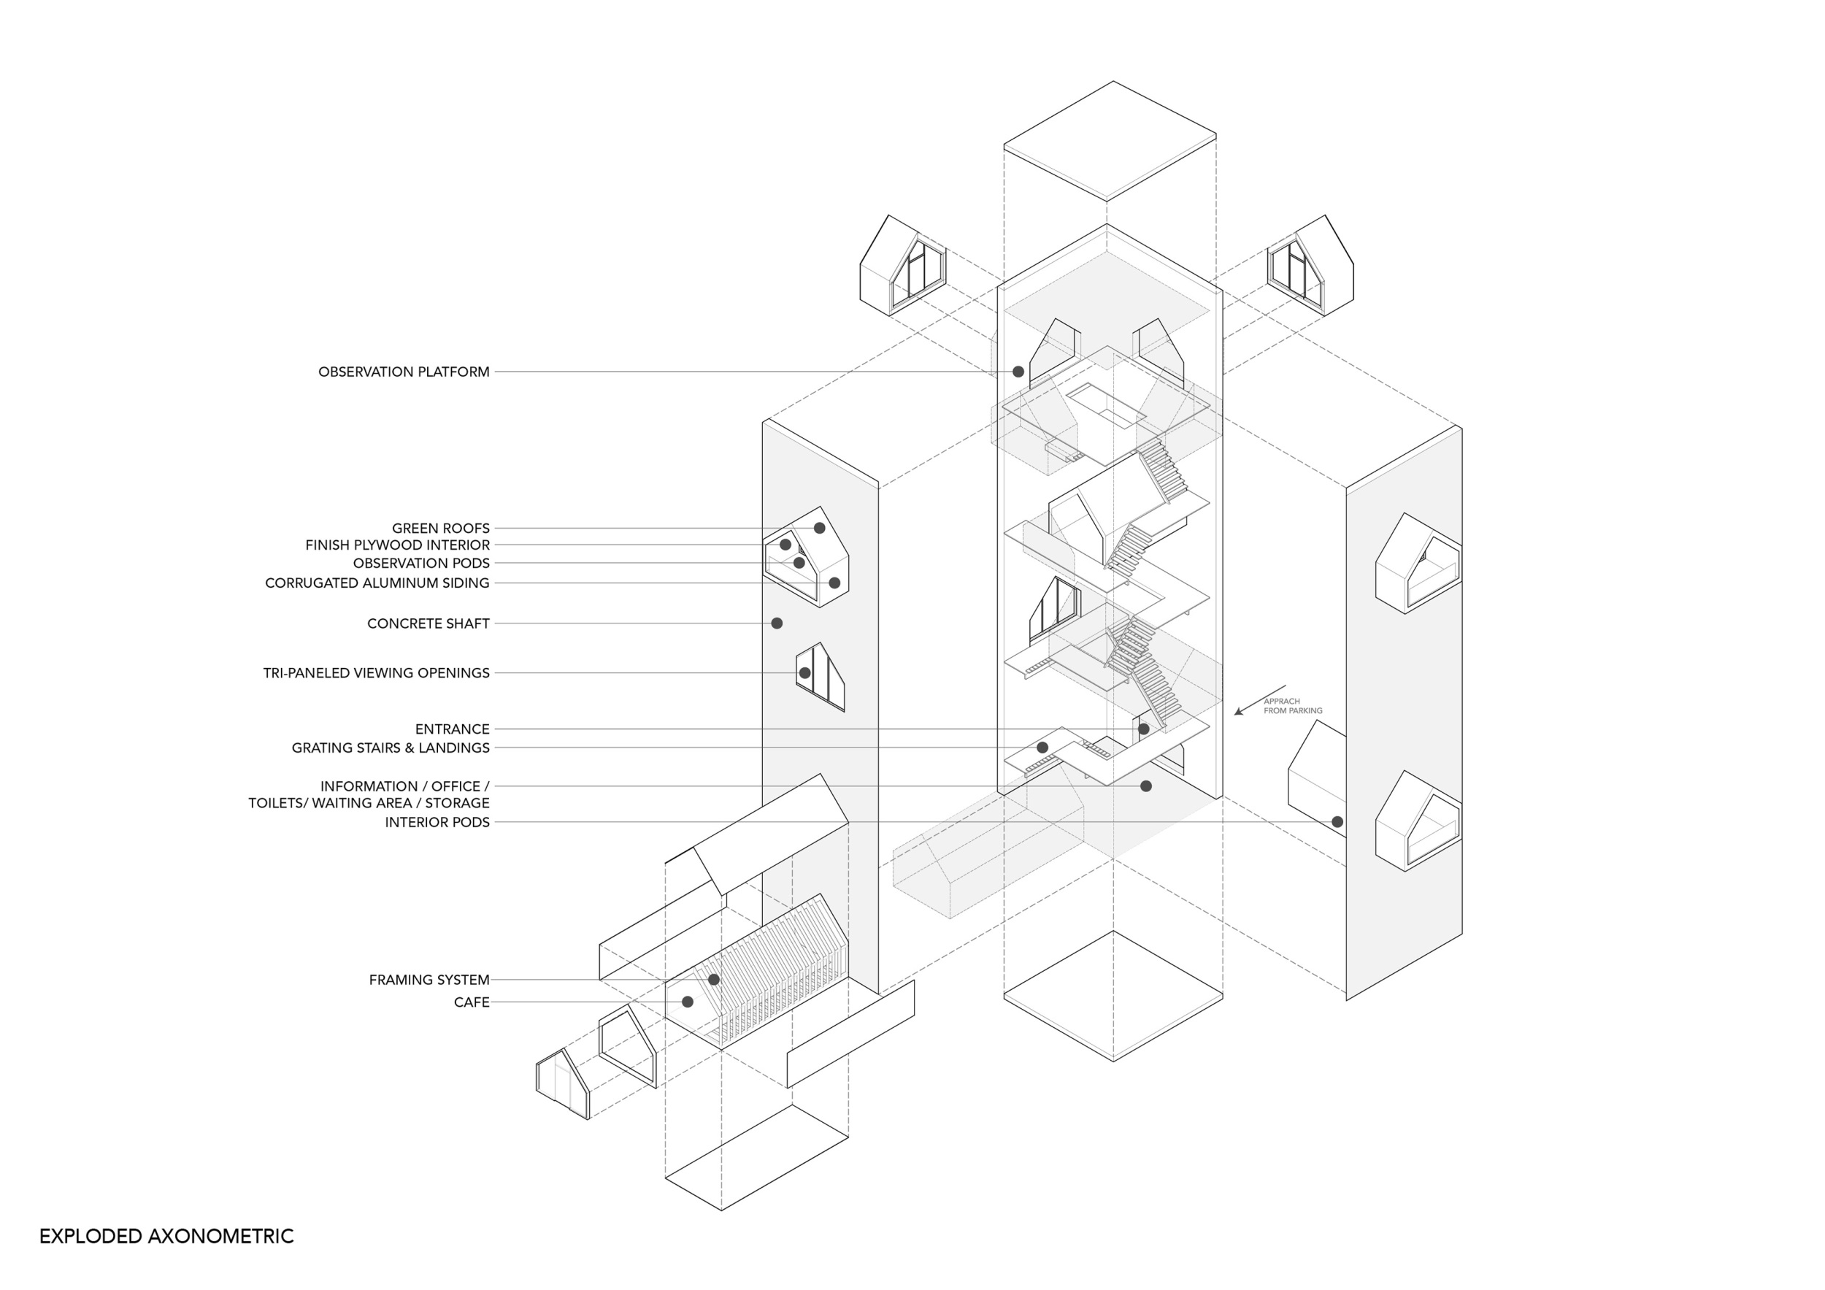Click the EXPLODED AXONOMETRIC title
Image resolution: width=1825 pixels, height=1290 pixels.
pos(166,1236)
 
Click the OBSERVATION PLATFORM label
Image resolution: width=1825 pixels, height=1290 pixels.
pos(404,372)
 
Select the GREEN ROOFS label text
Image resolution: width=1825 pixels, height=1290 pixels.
pos(440,528)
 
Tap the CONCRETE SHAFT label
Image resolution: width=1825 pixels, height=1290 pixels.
pos(428,624)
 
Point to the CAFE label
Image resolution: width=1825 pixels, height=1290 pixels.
pos(472,1002)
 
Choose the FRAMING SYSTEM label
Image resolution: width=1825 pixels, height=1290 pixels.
pos(429,980)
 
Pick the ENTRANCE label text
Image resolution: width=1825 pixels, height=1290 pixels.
pos(453,729)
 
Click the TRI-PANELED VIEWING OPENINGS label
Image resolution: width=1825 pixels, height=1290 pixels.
pos(377,673)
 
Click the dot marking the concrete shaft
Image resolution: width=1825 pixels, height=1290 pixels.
pos(777,623)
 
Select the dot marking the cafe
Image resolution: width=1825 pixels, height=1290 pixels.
pos(688,1002)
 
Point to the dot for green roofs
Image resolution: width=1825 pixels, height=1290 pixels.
pos(820,528)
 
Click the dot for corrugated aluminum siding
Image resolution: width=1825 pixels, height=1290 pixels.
pos(834,583)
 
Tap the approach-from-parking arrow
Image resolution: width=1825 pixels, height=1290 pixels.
pos(1260,700)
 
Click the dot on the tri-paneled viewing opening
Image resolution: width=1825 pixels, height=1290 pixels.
pos(804,673)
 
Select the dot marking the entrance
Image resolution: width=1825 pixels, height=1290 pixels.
pos(1144,729)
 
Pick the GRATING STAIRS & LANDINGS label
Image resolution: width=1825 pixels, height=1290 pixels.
pos(391,748)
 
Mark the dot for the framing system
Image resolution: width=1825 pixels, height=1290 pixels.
pos(714,979)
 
